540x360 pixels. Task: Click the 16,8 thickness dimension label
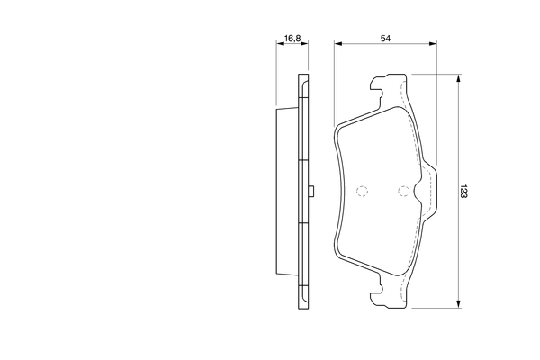tap(292, 38)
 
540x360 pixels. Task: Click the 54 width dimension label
tap(385, 38)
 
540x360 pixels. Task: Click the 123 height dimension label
tap(463, 191)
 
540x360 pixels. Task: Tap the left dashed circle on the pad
tap(362, 191)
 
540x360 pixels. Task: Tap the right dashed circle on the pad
tap(403, 191)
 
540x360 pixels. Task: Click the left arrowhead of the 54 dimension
tap(337, 44)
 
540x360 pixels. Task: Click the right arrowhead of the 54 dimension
tap(433, 44)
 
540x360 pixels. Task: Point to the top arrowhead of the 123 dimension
tap(458, 78)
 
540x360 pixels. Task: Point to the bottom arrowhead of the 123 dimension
tap(458, 303)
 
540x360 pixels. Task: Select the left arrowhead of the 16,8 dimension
tap(280, 44)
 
